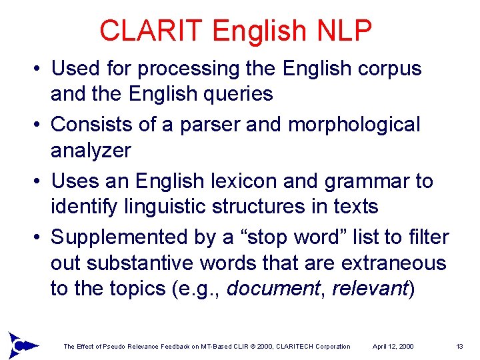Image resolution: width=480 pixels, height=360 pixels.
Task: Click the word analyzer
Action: [x=91, y=151]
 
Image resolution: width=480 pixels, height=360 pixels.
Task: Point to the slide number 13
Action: [x=459, y=347]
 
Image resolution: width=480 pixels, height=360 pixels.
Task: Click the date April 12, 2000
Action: [x=393, y=347]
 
